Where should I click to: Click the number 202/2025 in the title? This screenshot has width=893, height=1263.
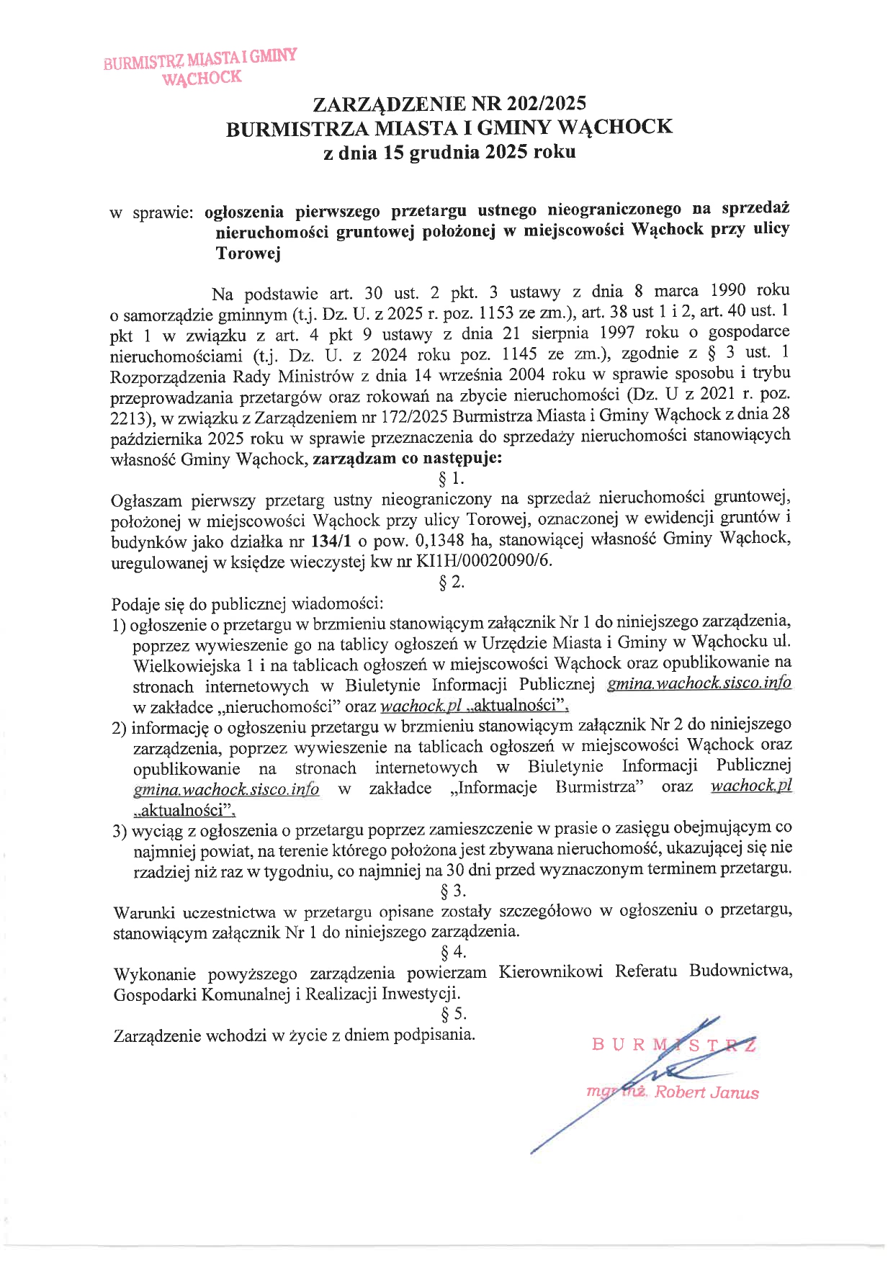pos(546,103)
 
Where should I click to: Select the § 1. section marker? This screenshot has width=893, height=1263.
pos(452,479)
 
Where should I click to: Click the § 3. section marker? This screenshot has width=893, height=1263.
pos(453,891)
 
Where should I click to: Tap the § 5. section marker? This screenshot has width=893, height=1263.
pos(453,1014)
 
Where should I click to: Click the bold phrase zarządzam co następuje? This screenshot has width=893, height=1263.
pos(408,459)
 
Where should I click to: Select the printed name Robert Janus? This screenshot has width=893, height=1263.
pos(706,1092)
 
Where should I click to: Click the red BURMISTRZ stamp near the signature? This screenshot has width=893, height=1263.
pos(673,1044)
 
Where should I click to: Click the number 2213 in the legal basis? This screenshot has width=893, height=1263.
pos(129,418)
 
